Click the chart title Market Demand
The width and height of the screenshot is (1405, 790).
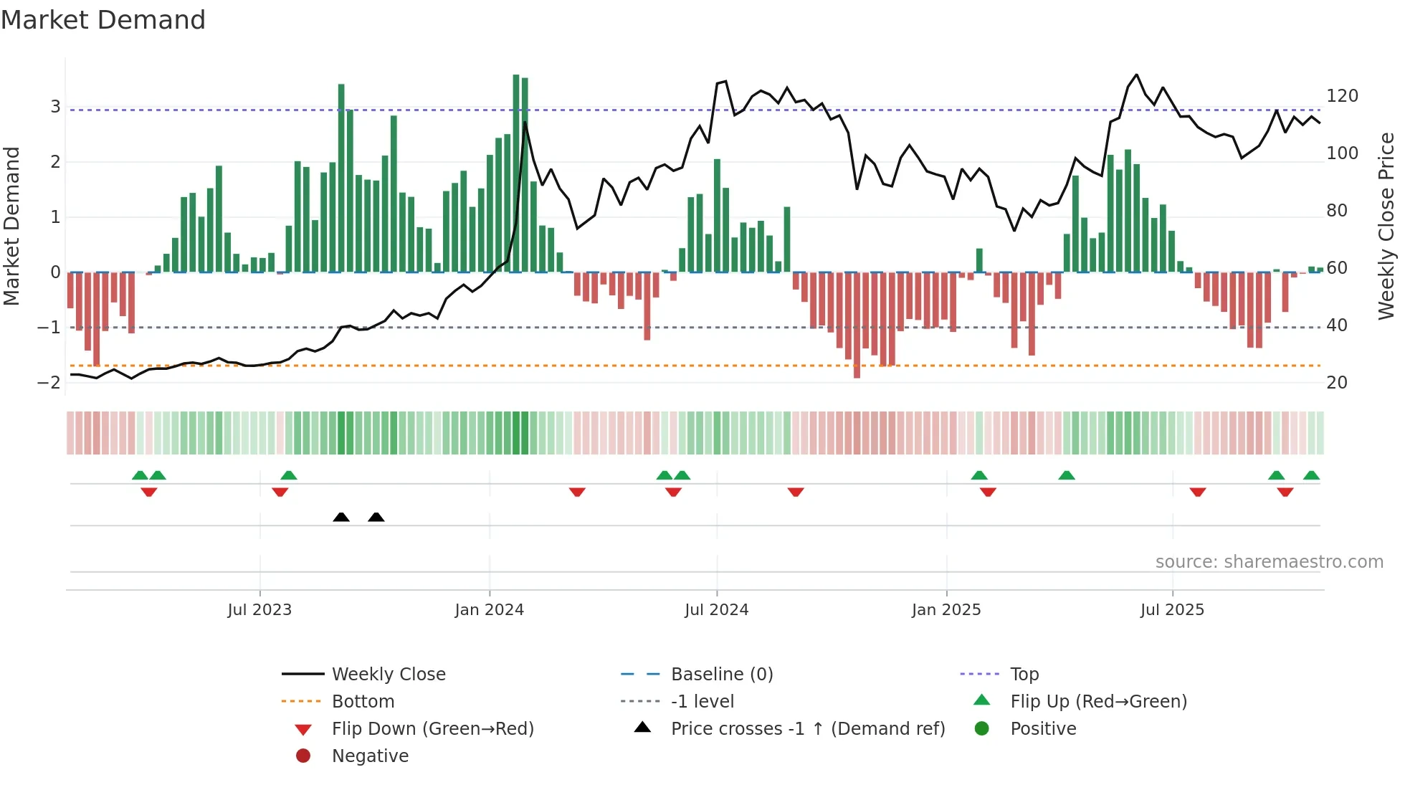[103, 20]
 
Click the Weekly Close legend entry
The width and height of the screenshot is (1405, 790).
[388, 674]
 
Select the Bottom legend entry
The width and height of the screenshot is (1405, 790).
[363, 701]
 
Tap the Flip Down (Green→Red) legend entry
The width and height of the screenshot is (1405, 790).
[432, 728]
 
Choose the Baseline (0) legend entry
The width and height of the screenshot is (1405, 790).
[721, 674]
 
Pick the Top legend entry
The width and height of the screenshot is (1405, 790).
[1024, 674]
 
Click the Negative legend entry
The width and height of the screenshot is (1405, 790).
[370, 756]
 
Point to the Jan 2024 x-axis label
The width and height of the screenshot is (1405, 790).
[490, 609]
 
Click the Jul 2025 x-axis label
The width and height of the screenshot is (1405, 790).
[1172, 609]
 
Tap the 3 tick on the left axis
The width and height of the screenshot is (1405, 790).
[55, 107]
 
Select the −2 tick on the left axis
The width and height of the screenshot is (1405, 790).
[49, 382]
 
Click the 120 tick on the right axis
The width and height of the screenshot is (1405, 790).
[1342, 96]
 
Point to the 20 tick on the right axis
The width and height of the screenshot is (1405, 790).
[1337, 382]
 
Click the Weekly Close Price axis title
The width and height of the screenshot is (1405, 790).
[1386, 226]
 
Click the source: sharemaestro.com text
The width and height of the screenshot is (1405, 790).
[1269, 561]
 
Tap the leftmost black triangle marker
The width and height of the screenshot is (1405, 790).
[341, 517]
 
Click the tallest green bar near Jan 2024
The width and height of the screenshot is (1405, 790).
[516, 172]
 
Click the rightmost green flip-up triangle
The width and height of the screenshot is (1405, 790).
[1311, 475]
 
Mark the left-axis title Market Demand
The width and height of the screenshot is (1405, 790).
[11, 226]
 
